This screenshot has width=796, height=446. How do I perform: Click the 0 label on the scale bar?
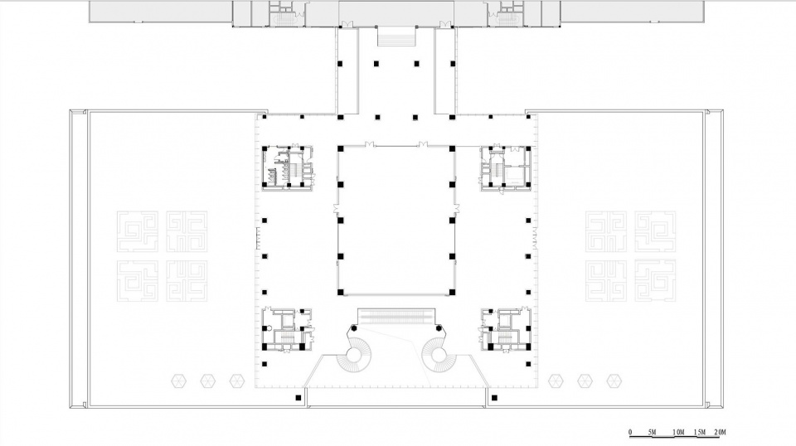pos(630,432)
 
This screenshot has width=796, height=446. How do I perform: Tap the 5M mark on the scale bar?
pos(653,432)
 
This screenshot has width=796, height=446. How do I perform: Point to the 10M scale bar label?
pos(678,432)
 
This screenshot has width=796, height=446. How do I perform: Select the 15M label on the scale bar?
pos(700,432)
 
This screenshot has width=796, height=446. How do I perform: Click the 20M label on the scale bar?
pos(720,432)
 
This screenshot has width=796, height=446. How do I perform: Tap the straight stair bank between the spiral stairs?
pos(396,318)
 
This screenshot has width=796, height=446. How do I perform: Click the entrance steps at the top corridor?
pos(396,37)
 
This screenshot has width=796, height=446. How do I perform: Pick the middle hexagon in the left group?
pos(207,381)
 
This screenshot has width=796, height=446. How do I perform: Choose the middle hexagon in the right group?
pos(585,381)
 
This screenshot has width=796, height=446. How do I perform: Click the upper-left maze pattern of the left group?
pos(137,232)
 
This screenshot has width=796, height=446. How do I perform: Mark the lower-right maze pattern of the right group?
pos(655,281)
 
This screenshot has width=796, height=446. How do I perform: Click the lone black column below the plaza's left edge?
pos(298,398)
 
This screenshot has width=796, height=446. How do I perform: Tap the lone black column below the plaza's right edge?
pos(494,398)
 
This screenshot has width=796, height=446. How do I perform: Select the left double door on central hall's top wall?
pos(369,144)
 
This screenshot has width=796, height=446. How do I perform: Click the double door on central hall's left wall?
pos(336,209)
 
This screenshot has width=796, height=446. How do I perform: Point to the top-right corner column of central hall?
pos(452,148)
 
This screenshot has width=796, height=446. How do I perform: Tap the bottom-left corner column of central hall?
pos(341,293)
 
